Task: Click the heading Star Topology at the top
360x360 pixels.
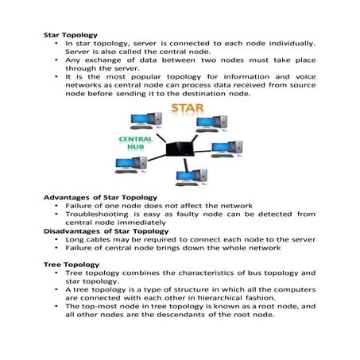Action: point(71,36)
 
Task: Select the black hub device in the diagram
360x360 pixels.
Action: point(180,147)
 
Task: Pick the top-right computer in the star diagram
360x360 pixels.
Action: point(211,122)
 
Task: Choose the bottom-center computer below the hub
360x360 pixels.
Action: point(190,172)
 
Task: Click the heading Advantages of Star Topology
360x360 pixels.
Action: point(99,196)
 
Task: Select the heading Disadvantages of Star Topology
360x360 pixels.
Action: point(106,231)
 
